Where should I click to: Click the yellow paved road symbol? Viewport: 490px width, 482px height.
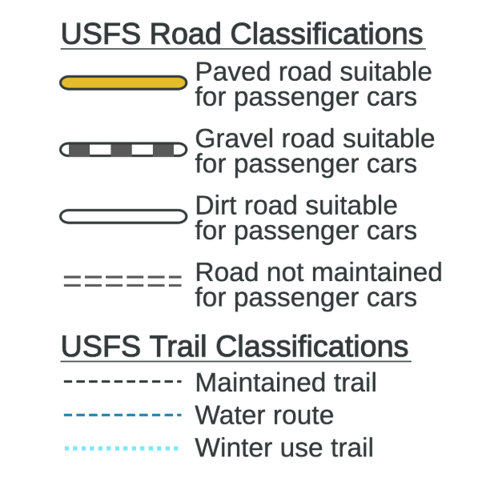[x=123, y=82]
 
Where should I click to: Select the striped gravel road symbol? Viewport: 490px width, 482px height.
[x=123, y=150]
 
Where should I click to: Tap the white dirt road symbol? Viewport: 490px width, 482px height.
[x=123, y=216]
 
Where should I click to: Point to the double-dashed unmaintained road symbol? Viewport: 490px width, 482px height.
[x=122, y=281]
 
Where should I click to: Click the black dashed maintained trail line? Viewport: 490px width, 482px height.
[x=122, y=381]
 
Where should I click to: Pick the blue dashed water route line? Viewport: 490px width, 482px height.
[x=122, y=415]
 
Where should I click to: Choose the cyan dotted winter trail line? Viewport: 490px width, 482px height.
[x=122, y=448]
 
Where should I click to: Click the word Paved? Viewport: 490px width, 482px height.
[x=233, y=71]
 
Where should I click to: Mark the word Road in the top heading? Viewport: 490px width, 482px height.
[x=186, y=34]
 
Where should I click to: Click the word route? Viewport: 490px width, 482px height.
[x=303, y=416]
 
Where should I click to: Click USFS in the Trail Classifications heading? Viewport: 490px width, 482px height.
[x=101, y=347]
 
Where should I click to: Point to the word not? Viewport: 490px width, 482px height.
[x=285, y=273]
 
